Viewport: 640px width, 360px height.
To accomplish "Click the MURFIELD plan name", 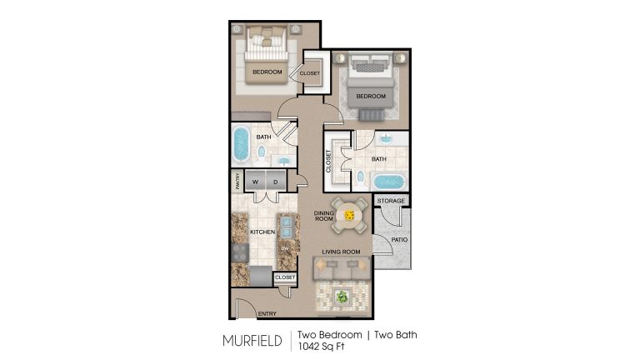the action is (x=252, y=341).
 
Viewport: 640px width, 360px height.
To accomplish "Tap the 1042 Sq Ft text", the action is (x=321, y=347).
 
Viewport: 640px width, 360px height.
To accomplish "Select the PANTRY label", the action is (x=237, y=181).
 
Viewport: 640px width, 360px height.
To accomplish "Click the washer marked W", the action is (x=256, y=181).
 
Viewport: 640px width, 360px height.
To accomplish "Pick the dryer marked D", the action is (x=276, y=181).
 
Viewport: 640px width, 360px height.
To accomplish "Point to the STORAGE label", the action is (x=391, y=201).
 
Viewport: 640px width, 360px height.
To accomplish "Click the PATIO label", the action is (x=399, y=240).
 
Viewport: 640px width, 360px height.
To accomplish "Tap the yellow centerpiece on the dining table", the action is (x=349, y=215).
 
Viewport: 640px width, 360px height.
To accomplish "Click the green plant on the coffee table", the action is (x=342, y=297).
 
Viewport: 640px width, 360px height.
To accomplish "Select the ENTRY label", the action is (x=267, y=313).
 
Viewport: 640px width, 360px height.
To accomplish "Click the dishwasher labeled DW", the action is (x=285, y=248).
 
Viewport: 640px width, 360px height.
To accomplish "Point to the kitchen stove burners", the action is (x=240, y=252).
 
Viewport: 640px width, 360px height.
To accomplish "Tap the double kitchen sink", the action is (x=286, y=227).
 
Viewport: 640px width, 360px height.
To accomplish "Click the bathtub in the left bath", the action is (x=241, y=143).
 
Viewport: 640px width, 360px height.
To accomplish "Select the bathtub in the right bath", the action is (x=387, y=182).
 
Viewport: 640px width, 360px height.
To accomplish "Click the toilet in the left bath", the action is (x=261, y=153).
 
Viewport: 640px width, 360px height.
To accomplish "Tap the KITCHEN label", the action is (x=262, y=232).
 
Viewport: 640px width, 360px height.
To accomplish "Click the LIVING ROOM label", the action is (x=341, y=252).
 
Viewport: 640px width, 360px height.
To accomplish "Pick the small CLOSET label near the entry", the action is (x=285, y=277).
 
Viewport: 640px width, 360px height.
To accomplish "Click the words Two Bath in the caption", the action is (x=396, y=335).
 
